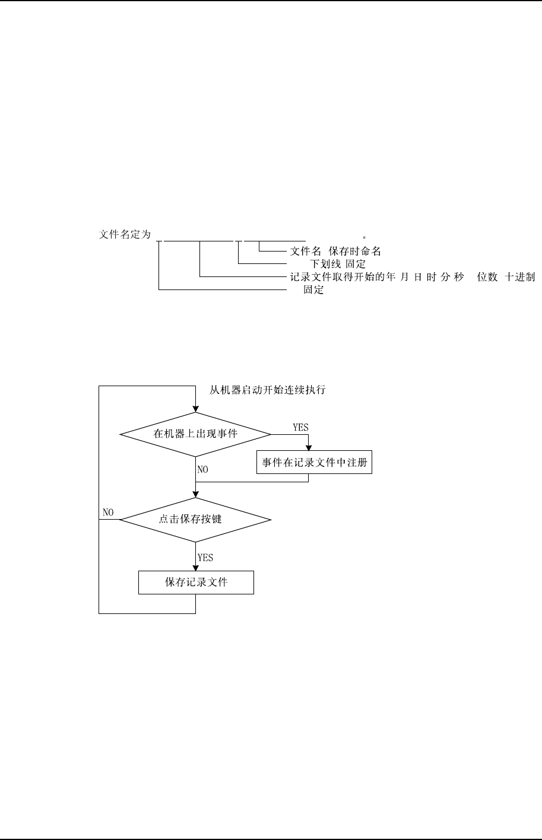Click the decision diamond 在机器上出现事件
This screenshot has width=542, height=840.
(x=195, y=434)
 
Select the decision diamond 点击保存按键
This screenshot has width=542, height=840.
(x=195, y=520)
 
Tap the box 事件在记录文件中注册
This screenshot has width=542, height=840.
(x=314, y=463)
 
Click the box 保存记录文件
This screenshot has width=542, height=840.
(x=196, y=583)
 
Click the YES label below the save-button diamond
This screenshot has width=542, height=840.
(x=205, y=558)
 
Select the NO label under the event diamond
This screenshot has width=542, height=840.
(x=203, y=469)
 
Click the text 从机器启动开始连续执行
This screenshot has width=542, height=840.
(x=268, y=390)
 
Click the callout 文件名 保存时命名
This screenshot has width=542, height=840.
(x=335, y=251)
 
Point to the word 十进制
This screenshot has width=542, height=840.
(x=520, y=277)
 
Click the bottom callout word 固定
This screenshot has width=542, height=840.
(x=313, y=291)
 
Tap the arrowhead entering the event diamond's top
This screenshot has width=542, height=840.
(x=195, y=409)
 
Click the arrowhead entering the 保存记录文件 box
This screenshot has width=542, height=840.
(x=195, y=568)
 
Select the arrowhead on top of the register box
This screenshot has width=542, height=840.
(x=308, y=448)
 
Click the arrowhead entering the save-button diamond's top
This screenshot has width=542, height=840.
(x=195, y=494)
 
